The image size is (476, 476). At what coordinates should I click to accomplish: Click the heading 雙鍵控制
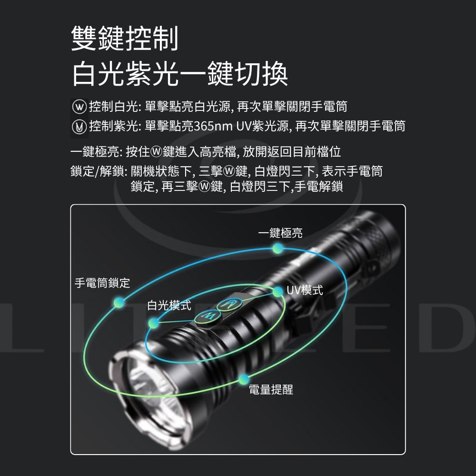click(124, 38)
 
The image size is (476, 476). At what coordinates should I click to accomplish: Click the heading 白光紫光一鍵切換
click(180, 74)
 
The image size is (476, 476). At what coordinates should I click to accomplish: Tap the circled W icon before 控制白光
click(79, 107)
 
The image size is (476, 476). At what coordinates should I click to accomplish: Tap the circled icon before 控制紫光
click(79, 127)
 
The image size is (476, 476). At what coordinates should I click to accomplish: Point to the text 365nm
click(213, 126)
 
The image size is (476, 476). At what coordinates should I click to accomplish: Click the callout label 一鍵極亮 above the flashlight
click(280, 233)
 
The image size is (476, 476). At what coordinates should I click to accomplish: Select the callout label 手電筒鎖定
click(102, 283)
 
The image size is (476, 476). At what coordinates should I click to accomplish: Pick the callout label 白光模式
click(169, 305)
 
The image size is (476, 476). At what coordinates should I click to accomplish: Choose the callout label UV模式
click(305, 290)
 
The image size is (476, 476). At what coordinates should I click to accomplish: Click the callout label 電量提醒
click(271, 389)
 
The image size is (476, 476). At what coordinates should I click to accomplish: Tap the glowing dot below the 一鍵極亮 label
click(278, 248)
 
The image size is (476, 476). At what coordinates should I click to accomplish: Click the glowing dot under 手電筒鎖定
click(119, 302)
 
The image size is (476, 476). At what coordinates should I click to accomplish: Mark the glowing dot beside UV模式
click(278, 292)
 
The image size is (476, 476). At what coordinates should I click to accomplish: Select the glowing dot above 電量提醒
click(243, 379)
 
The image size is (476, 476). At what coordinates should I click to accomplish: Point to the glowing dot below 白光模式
click(154, 323)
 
